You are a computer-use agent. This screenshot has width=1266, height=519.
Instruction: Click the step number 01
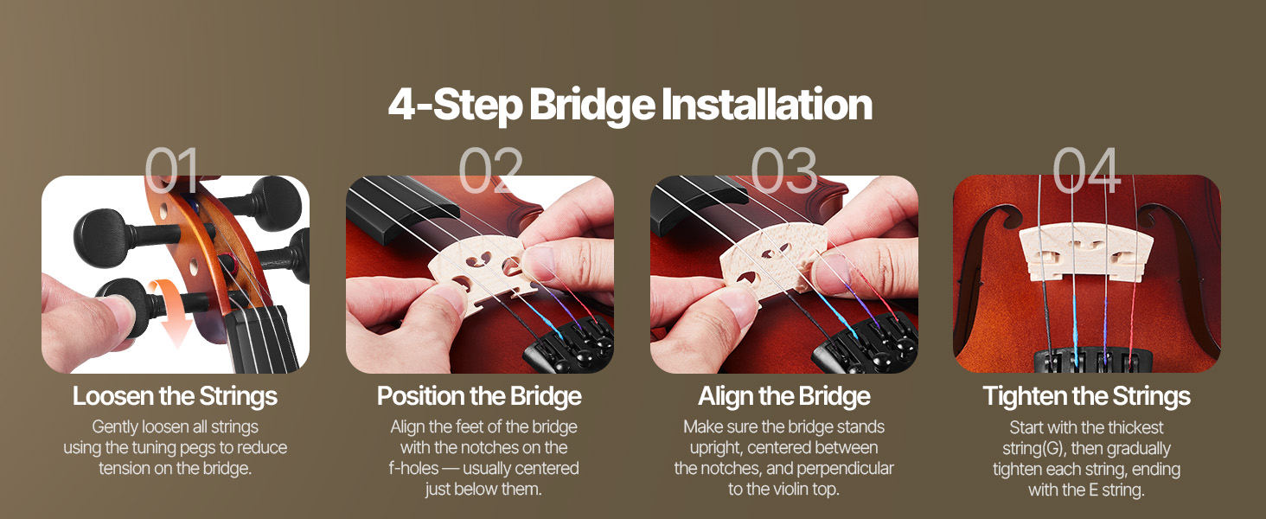(x=172, y=170)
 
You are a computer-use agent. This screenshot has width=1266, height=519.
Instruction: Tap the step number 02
(x=490, y=170)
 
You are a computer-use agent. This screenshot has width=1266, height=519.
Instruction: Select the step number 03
(x=784, y=170)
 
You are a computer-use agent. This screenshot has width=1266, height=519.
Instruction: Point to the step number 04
(x=1087, y=170)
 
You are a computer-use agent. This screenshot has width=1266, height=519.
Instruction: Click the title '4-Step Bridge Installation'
(x=630, y=105)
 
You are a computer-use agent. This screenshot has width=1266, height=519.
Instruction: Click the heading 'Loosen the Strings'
(x=176, y=396)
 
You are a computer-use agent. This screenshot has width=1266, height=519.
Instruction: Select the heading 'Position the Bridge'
(x=479, y=396)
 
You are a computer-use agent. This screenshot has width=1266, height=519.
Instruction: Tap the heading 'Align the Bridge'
(x=784, y=396)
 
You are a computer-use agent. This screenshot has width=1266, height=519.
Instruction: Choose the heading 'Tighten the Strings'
(x=1087, y=396)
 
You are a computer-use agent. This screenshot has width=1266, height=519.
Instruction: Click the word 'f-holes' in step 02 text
(x=413, y=469)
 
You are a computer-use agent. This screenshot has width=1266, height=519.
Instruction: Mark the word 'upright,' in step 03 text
(x=716, y=448)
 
